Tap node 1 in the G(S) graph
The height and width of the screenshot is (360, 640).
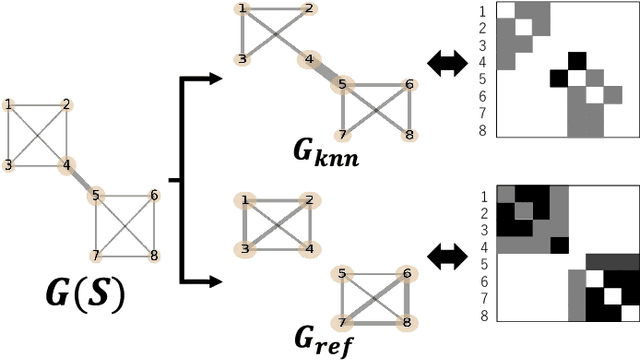[9, 104]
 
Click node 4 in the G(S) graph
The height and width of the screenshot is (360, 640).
[66, 165]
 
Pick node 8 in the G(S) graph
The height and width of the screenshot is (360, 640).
[153, 255]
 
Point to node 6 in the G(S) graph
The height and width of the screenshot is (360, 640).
[153, 196]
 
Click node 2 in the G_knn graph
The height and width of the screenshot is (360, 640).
[310, 9]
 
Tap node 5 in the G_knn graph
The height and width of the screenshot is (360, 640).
[343, 85]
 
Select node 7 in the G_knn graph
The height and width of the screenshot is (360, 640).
[343, 134]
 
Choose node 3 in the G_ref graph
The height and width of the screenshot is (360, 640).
[242, 249]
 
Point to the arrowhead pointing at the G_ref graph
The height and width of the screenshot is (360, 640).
[213, 280]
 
